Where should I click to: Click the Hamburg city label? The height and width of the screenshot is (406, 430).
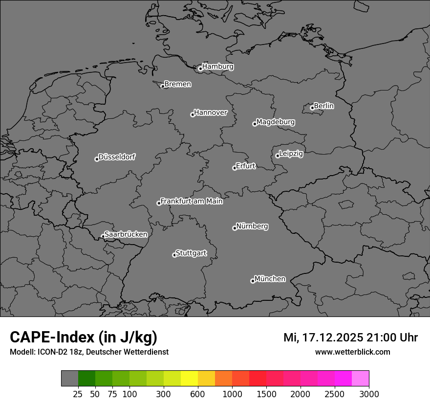pyautogui.click(x=217, y=67)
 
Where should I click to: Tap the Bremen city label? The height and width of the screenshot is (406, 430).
pyautogui.click(x=177, y=84)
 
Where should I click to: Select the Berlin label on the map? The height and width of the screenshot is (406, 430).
pyautogui.click(x=323, y=106)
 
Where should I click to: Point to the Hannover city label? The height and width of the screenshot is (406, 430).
pyautogui.click(x=211, y=113)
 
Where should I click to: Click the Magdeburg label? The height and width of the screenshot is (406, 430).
pyautogui.click(x=275, y=122)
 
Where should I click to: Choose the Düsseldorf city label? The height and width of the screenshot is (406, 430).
pyautogui.click(x=117, y=157)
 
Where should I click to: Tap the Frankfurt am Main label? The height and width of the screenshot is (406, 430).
pyautogui.click(x=192, y=201)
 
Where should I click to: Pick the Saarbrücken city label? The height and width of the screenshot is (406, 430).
pyautogui.click(x=126, y=234)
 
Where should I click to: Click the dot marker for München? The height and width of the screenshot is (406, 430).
pyautogui.click(x=253, y=281)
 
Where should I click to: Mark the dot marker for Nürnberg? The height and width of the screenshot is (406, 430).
pyautogui.click(x=235, y=228)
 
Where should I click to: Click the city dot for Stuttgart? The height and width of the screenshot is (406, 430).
pyautogui.click(x=174, y=255)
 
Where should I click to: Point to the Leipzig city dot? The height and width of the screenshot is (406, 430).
pyautogui.click(x=278, y=156)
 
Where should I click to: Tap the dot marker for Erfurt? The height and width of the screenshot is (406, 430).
pyautogui.click(x=235, y=168)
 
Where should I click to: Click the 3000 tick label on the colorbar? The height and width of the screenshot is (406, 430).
pyautogui.click(x=369, y=393)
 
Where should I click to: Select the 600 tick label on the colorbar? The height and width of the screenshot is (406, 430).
pyautogui.click(x=197, y=393)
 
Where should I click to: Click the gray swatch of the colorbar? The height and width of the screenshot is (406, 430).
pyautogui.click(x=70, y=379)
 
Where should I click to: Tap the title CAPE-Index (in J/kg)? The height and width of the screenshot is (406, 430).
pyautogui.click(x=84, y=337)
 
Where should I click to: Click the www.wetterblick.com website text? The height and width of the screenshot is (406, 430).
pyautogui.click(x=352, y=352)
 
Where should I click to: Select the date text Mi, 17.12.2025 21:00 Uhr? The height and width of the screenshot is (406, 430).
pyautogui.click(x=350, y=338)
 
